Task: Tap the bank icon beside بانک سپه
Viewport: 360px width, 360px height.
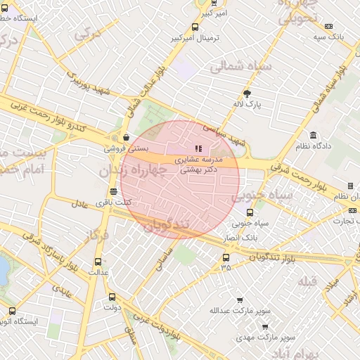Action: [x=328, y=26]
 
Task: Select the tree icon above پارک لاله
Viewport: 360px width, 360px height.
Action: [x=247, y=93]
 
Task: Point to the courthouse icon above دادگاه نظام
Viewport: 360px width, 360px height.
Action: [x=313, y=135]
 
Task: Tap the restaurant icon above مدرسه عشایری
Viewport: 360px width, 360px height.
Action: [x=198, y=148]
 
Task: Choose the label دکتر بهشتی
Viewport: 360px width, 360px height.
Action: [x=198, y=169]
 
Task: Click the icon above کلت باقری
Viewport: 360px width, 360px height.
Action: [x=113, y=191]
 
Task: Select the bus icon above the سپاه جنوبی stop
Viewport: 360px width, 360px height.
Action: [x=249, y=212]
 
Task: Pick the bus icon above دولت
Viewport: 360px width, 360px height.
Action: [x=112, y=297]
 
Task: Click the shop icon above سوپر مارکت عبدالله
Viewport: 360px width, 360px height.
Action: [x=240, y=300]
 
